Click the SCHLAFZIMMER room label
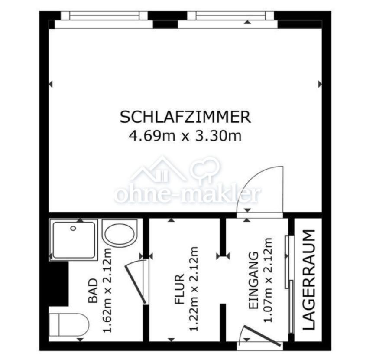click(x=185, y=117)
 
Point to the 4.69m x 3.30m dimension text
click(x=185, y=136)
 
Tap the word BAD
click(x=93, y=291)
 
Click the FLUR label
click(x=180, y=290)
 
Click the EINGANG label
click(x=254, y=280)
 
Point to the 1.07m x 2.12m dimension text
click(x=268, y=280)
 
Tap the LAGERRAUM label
click(x=308, y=280)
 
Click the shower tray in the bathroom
click(x=74, y=240)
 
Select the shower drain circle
click(x=73, y=229)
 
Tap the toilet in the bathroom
click(x=69, y=325)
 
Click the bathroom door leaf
click(x=136, y=285)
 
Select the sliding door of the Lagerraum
click(x=289, y=284)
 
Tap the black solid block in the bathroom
click(x=59, y=284)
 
